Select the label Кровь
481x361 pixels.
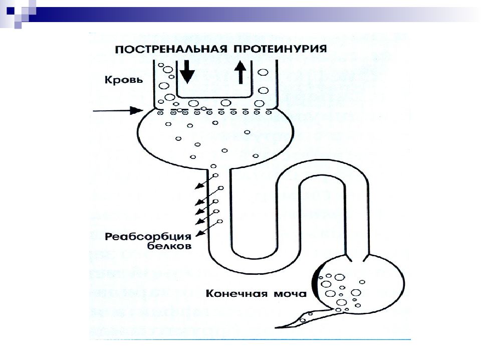click(x=124, y=80)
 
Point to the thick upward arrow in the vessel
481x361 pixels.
click(x=241, y=72)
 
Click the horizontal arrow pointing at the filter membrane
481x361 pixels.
click(x=118, y=110)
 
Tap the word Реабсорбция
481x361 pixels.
click(x=148, y=237)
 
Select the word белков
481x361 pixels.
click(x=169, y=246)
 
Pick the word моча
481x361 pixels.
click(x=290, y=294)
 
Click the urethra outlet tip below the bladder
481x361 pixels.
click(x=276, y=327)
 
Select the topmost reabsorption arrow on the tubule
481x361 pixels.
click(x=206, y=181)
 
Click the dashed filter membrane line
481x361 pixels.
click(x=215, y=109)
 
